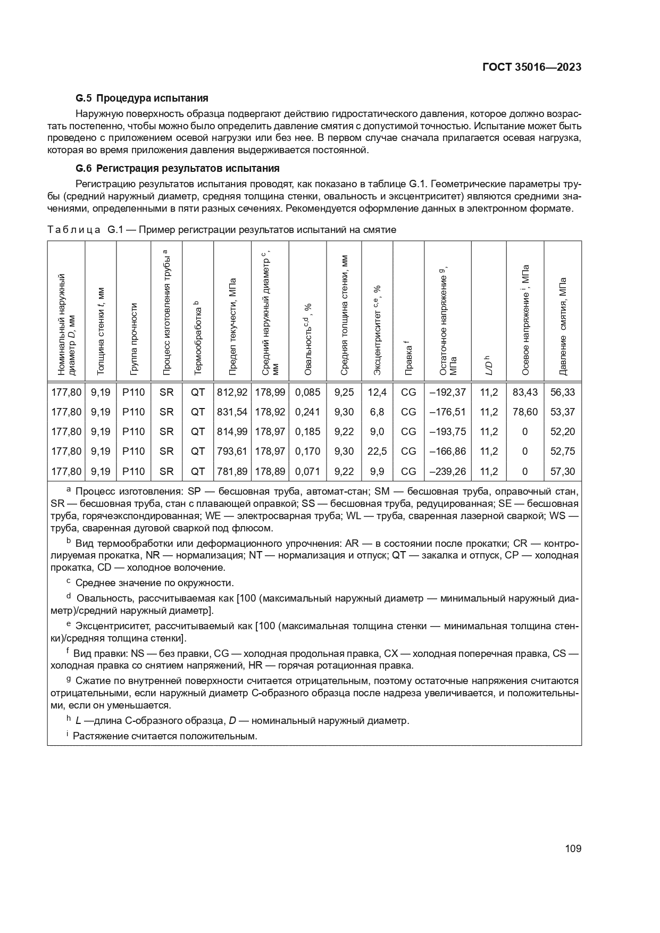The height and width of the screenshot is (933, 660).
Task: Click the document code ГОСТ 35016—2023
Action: [x=531, y=67]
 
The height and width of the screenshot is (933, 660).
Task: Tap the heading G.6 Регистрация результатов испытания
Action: [x=178, y=169]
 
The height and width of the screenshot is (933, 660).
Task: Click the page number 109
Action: [x=573, y=848]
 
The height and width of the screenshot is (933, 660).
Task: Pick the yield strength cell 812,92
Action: [x=232, y=392]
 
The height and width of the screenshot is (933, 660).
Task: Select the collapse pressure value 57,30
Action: [x=563, y=471]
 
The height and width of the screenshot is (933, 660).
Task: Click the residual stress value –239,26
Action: [x=447, y=471]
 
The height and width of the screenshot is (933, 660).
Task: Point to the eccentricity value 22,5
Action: [x=377, y=452]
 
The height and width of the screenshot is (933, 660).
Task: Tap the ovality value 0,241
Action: [x=307, y=412]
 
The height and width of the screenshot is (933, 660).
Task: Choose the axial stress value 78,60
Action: [x=525, y=412]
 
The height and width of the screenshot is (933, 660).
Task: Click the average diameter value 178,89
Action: [x=270, y=471]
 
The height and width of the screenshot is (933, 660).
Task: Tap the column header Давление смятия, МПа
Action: [x=563, y=326]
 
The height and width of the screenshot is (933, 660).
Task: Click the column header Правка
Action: [x=408, y=360]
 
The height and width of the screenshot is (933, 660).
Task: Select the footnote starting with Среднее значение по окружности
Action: [x=154, y=582]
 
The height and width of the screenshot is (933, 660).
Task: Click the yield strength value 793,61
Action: [x=232, y=452]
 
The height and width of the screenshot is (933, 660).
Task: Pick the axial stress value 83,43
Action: [x=525, y=392]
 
